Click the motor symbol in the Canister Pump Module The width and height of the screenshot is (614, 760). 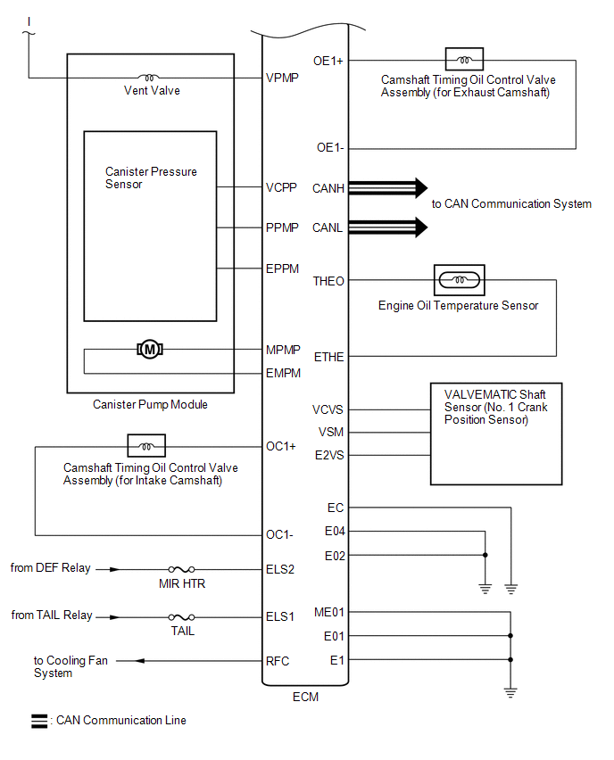pyautogui.click(x=150, y=349)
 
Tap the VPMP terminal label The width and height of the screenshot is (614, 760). pyautogui.click(x=282, y=78)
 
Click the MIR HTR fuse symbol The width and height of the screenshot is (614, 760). pyautogui.click(x=182, y=568)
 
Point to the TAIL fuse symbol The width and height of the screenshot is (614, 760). pyautogui.click(x=182, y=616)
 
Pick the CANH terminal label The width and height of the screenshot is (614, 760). pyautogui.click(x=328, y=188)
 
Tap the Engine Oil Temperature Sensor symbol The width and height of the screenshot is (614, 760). pyautogui.click(x=459, y=280)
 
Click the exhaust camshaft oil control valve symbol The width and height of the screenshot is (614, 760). pyautogui.click(x=464, y=60)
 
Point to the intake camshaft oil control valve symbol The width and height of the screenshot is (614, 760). pyautogui.click(x=146, y=445)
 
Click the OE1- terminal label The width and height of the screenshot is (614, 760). pyautogui.click(x=330, y=147)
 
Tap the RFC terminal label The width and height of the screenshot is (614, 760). pyautogui.click(x=278, y=661)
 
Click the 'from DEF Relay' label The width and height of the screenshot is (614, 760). pyautogui.click(x=51, y=567)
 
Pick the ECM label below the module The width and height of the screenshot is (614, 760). pyautogui.click(x=305, y=697)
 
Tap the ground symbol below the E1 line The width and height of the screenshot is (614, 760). pyautogui.click(x=510, y=690)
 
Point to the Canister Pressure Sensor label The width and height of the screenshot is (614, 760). pyautogui.click(x=151, y=178)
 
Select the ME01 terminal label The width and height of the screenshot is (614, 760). pyautogui.click(x=329, y=612)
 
